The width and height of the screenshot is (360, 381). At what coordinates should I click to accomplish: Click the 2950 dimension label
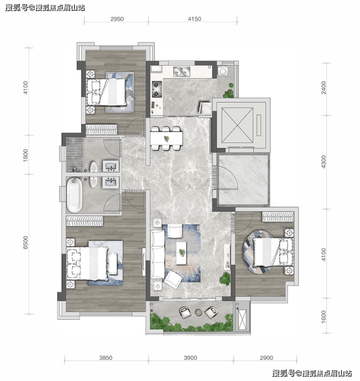117,19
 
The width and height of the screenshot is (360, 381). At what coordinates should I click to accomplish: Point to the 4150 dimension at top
195,19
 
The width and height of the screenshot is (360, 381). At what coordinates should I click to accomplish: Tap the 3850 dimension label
106,358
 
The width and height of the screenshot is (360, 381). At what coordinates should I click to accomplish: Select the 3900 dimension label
191,358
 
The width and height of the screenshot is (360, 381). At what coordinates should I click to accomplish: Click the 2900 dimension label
267,358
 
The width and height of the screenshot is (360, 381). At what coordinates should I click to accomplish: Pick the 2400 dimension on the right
324,87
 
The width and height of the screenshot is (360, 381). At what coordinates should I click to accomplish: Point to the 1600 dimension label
324,317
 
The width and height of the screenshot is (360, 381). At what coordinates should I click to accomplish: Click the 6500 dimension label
25,242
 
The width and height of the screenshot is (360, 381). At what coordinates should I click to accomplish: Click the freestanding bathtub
74,195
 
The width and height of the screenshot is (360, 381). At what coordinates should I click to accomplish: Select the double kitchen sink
182,72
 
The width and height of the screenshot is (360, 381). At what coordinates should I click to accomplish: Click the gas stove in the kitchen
157,89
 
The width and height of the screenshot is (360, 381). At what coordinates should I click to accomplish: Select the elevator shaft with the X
237,124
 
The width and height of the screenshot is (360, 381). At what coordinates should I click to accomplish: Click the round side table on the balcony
198,312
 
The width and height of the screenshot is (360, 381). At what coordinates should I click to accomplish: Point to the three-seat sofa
158,255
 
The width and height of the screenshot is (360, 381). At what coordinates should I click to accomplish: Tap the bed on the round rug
273,252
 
